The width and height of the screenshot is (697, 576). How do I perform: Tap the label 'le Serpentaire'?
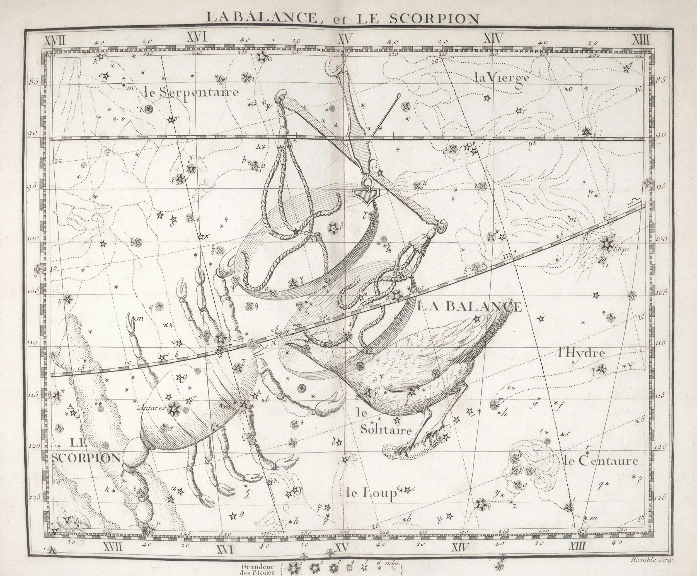192,92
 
